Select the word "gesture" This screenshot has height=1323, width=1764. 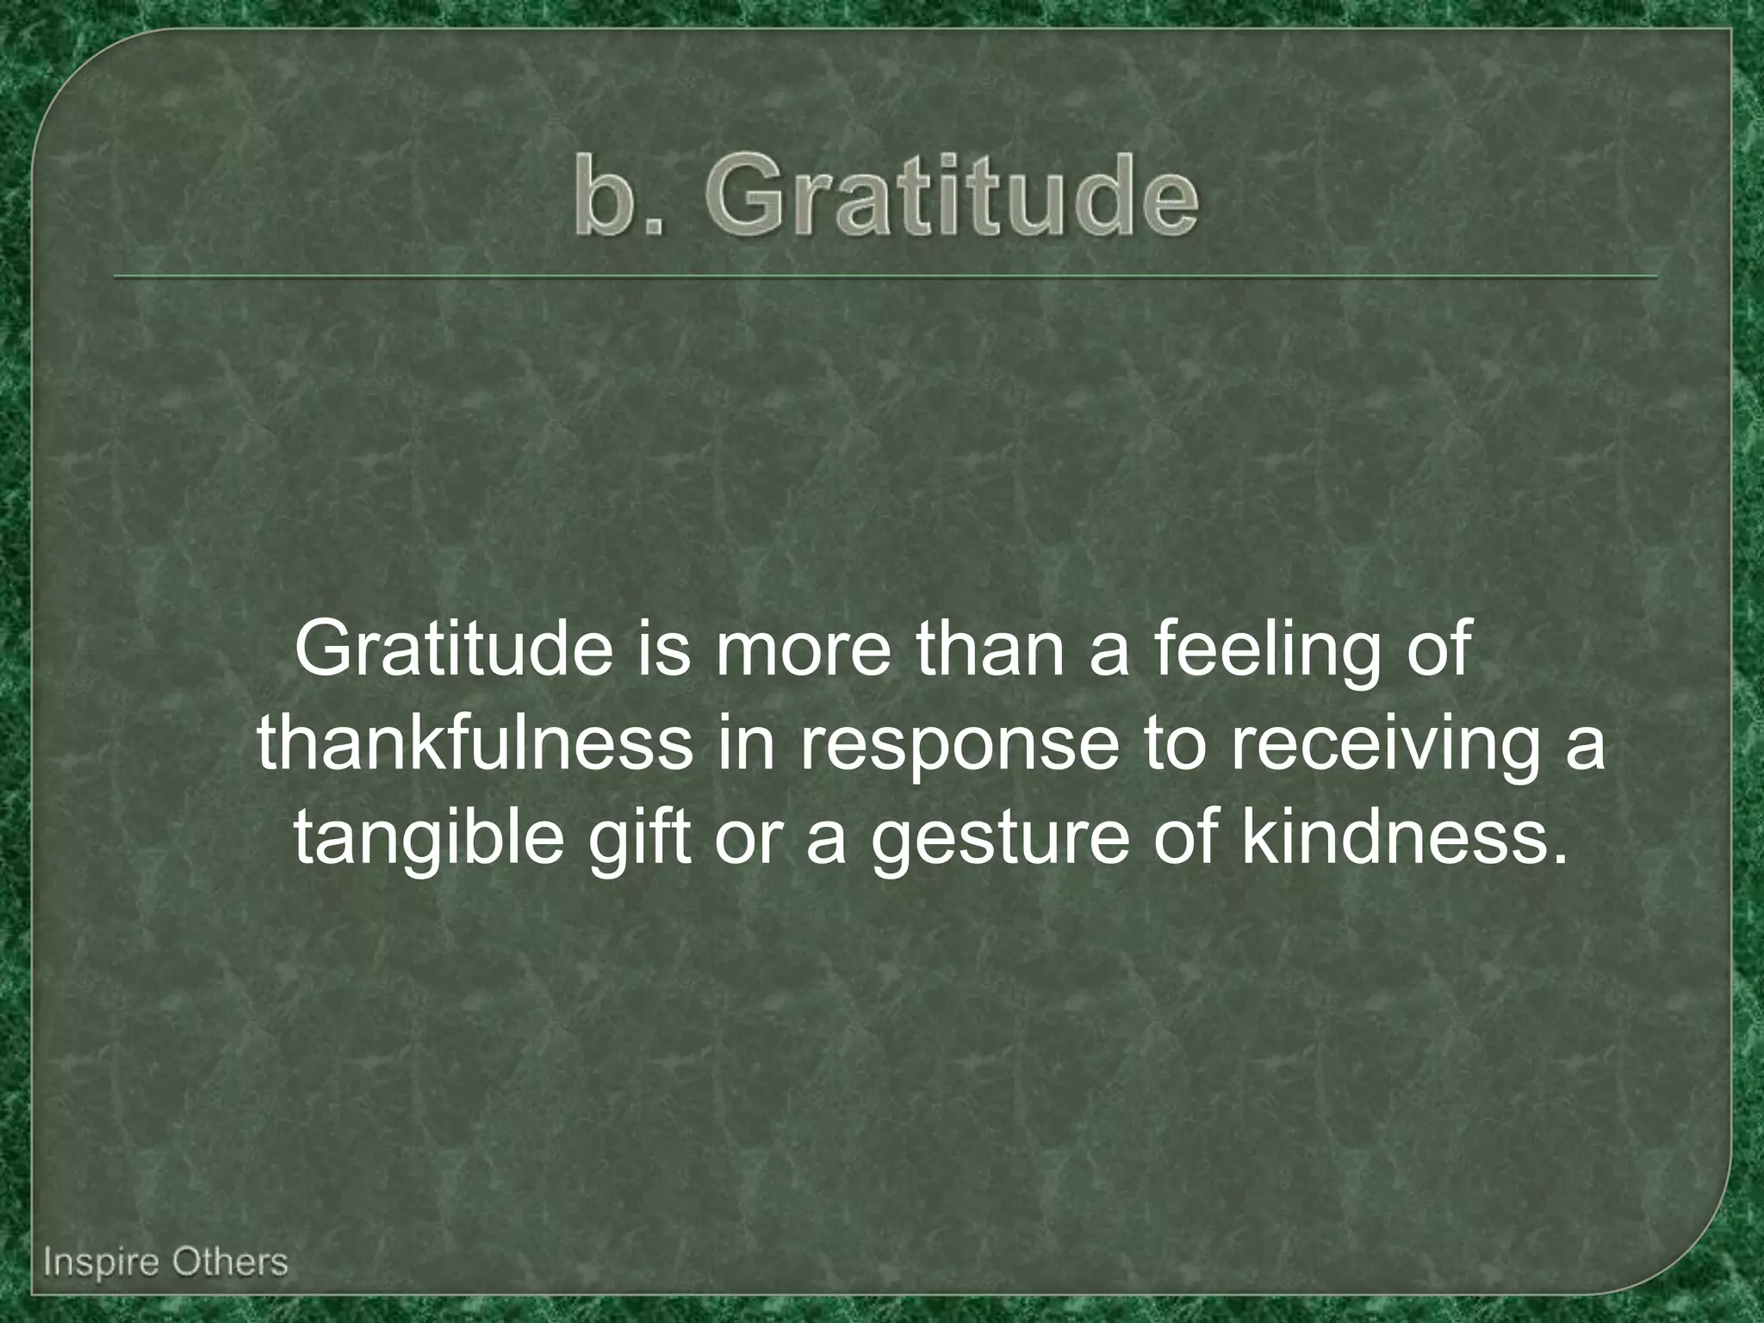998,841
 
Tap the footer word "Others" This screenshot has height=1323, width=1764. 230,1263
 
